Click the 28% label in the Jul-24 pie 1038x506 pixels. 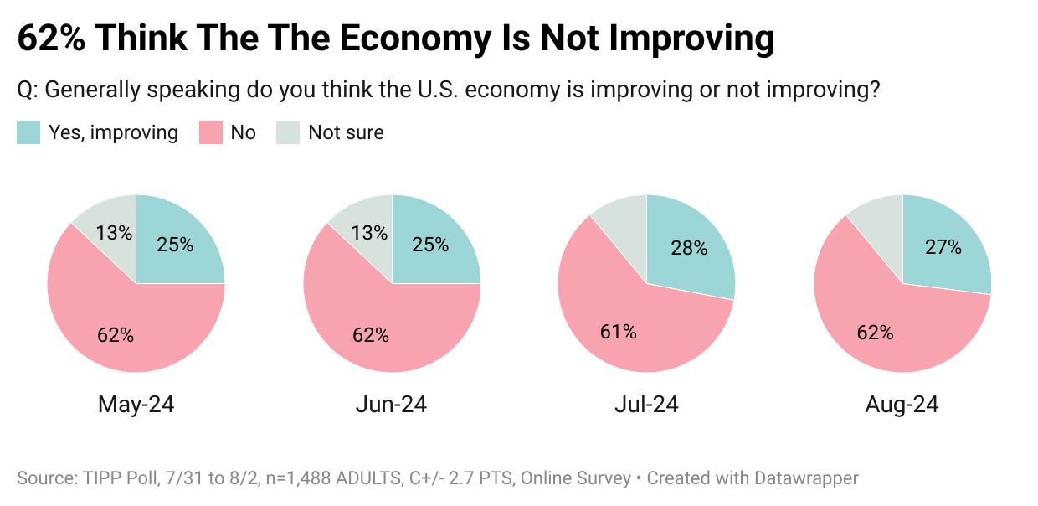coord(689,248)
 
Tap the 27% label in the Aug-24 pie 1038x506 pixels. coord(943,247)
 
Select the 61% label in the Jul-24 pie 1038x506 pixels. coord(619,332)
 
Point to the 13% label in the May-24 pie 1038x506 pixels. coord(115,233)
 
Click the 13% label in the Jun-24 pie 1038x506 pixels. coord(370,233)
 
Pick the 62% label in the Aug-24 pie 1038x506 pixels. coord(875,333)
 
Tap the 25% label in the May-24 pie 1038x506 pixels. coord(175,245)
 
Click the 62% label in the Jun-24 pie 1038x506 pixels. coord(370,335)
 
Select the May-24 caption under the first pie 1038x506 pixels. coord(136,405)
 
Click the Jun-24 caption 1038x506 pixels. coord(391,405)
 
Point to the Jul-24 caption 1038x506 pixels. coord(645,405)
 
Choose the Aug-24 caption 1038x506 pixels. coord(902,405)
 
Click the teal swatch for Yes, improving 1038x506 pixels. coord(28,132)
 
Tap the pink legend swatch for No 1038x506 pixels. coord(210,132)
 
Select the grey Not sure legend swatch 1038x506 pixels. coord(288,132)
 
